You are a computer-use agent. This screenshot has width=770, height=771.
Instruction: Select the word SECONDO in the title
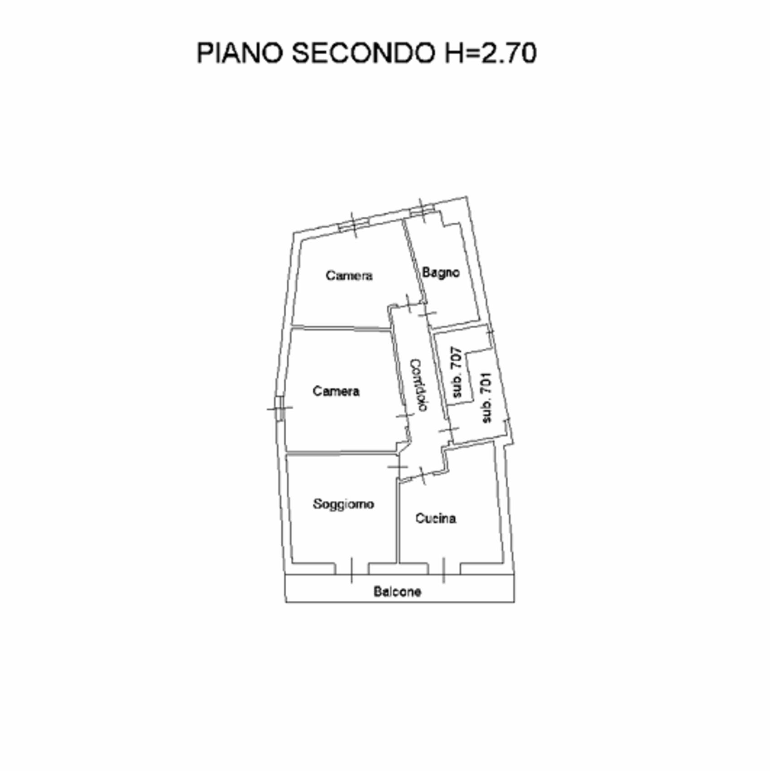coord(362,53)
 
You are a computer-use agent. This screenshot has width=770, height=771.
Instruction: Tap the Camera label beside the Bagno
coord(349,275)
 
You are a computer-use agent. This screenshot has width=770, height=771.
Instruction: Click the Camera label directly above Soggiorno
coord(336,391)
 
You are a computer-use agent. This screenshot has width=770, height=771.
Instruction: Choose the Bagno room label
coord(441,273)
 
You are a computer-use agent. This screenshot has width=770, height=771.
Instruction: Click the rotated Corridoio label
coord(419,385)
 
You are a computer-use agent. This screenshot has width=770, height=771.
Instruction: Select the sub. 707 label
coord(457,372)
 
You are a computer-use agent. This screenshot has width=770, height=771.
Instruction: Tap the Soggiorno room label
coord(343,504)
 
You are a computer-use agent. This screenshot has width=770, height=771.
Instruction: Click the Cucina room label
coord(435,518)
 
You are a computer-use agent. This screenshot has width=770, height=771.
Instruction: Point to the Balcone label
coord(397,592)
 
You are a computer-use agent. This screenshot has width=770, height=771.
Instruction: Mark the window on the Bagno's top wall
coord(422,211)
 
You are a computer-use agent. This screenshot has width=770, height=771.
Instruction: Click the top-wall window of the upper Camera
coord(354,225)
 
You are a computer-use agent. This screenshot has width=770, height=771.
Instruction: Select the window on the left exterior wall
coord(279,408)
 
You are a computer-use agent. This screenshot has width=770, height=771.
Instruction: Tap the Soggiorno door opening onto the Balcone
coord(351,570)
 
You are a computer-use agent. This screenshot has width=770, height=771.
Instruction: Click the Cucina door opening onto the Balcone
coord(444,570)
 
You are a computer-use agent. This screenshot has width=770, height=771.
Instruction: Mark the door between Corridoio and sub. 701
coord(449,429)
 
